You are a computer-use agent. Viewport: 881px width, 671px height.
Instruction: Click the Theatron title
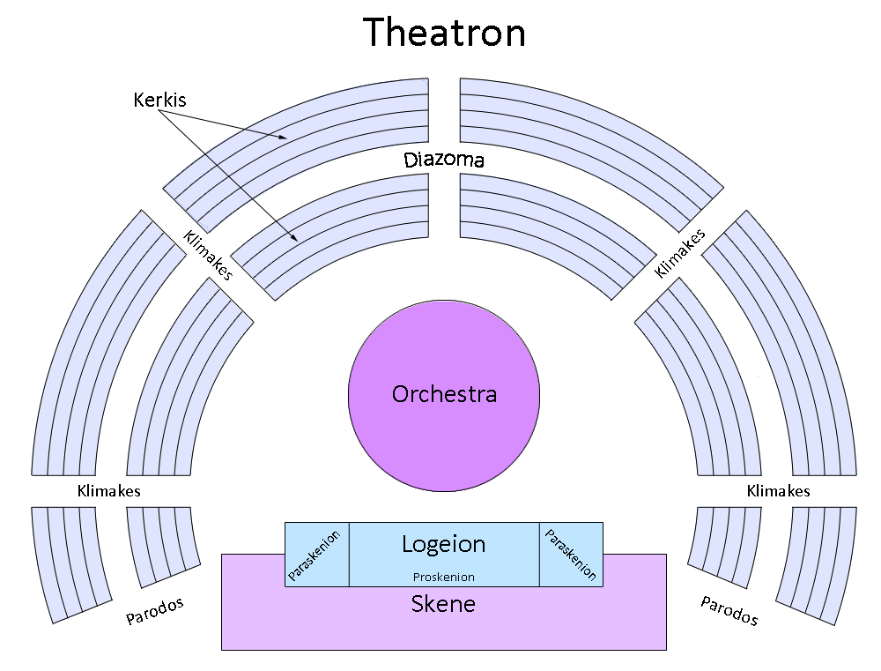pos(445,33)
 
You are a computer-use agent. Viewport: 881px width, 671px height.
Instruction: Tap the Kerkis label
pos(159,100)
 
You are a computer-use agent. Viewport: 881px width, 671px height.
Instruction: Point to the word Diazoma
pos(444,160)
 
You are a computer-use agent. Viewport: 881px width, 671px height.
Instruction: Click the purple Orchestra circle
pos(443,393)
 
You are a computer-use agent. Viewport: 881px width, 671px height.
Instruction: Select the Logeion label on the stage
pos(443,544)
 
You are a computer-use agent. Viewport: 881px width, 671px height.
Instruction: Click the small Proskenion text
pos(444,578)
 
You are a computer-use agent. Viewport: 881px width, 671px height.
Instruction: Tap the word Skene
pos(443,605)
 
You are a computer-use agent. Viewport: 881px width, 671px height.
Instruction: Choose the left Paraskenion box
pos(317,554)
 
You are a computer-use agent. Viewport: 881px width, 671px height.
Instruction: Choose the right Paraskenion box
pos(571,554)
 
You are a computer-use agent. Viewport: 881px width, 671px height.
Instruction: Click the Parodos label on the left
pos(154,611)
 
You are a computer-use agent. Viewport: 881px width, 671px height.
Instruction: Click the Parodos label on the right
pos(729,610)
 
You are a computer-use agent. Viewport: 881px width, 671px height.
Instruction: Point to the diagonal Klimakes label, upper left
pos(207,256)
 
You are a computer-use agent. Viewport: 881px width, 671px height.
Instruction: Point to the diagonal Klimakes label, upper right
pos(680,254)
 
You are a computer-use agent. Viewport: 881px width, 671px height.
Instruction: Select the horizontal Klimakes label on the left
pos(108,491)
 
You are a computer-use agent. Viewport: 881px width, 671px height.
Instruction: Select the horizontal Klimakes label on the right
pos(778,491)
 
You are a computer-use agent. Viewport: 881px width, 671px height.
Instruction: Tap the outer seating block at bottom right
pos(819,561)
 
